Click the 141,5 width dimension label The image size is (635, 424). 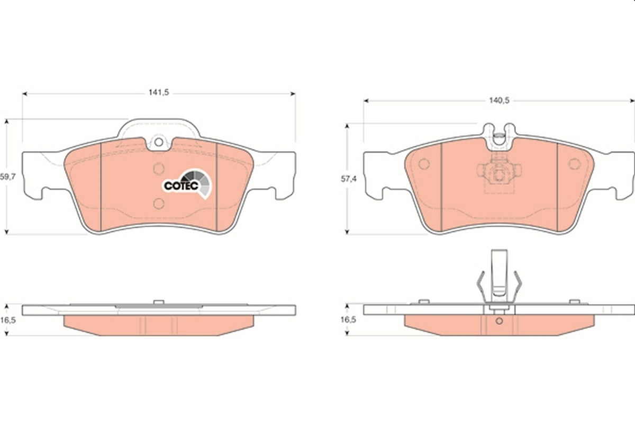(158, 93)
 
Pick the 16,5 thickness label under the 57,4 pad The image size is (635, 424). (347, 320)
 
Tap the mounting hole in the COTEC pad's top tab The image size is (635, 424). (158, 143)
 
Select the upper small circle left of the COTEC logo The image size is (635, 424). (158, 169)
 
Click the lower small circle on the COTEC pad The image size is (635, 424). (158, 204)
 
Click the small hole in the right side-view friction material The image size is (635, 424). (498, 321)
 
